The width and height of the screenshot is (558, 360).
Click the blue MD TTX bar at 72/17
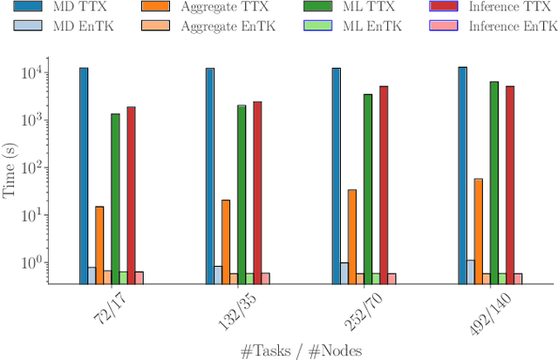pos(84,175)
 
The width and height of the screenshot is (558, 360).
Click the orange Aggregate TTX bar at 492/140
pos(478,231)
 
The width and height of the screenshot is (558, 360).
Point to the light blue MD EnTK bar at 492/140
pos(471,272)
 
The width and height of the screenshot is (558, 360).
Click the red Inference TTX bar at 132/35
pos(257,193)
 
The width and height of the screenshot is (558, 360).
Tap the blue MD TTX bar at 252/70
pos(336,175)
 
